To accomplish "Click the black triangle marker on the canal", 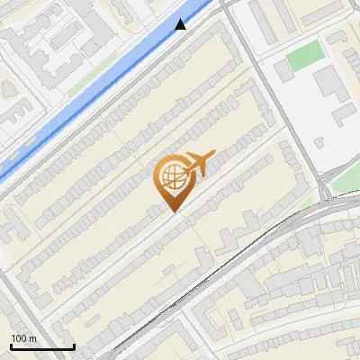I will click(x=181, y=24).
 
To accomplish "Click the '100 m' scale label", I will click(x=24, y=338).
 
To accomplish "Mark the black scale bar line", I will click(x=42, y=346).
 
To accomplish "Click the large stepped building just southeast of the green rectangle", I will click(x=329, y=85).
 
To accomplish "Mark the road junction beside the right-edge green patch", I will click(x=326, y=184).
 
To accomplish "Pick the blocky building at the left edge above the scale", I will click(x=13, y=225).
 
